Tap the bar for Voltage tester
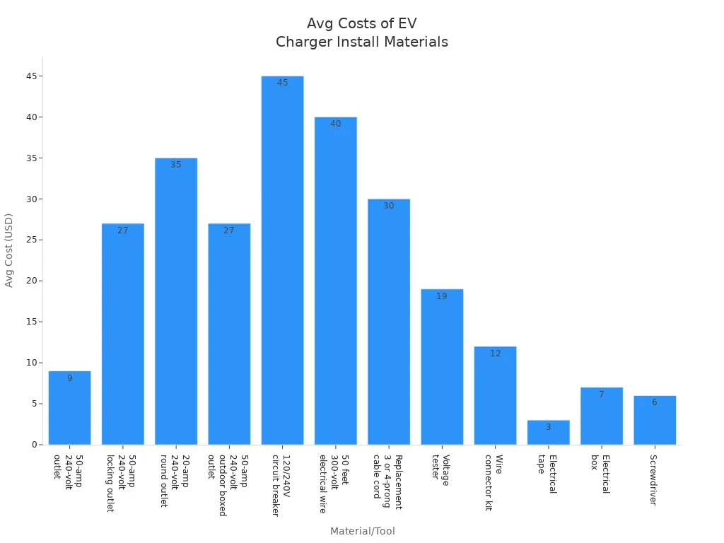(x=442, y=367)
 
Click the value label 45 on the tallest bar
(x=282, y=83)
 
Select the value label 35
(x=175, y=165)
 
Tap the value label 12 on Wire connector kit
(x=495, y=354)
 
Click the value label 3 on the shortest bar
(x=548, y=427)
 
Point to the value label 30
(x=388, y=206)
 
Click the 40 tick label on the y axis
(x=32, y=117)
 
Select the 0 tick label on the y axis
(x=34, y=445)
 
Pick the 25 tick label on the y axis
(x=32, y=240)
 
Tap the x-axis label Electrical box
(x=600, y=474)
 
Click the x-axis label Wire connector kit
(x=494, y=482)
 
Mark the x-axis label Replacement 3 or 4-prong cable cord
(x=387, y=482)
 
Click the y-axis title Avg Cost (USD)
(x=9, y=250)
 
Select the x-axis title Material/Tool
(x=362, y=531)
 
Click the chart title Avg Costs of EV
(x=361, y=24)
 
